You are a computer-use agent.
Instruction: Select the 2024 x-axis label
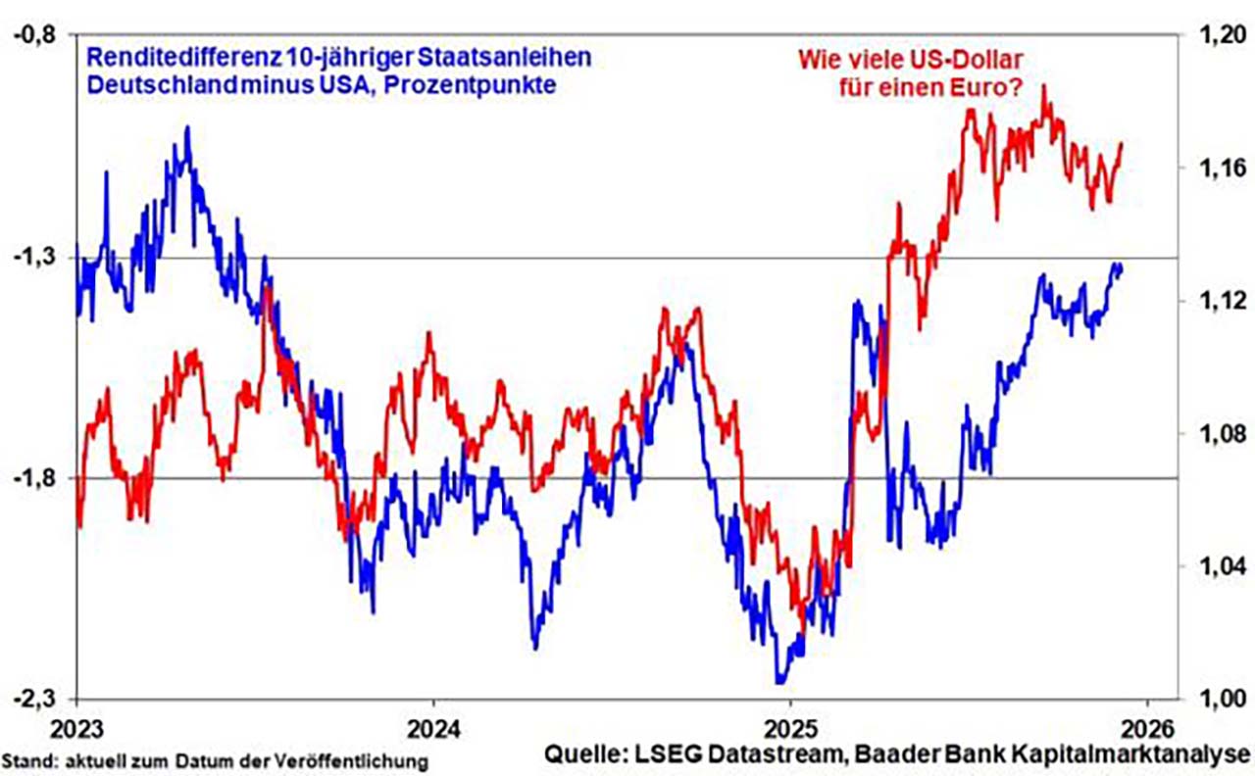pos(433,729)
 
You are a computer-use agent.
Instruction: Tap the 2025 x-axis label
pos(790,729)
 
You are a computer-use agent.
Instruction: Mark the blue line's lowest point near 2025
pos(780,681)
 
